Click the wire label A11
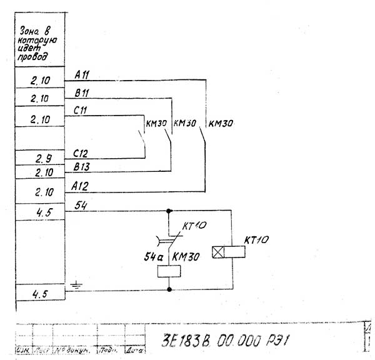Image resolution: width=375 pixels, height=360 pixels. coord(82,75)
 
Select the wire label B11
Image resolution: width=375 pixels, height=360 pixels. coord(82,94)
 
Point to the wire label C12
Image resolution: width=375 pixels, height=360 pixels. coord(82,153)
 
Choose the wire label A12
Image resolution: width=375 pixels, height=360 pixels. coord(82,185)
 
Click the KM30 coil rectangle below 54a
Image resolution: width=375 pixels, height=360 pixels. coord(169,270)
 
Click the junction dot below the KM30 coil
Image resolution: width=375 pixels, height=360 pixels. coord(169,289)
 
